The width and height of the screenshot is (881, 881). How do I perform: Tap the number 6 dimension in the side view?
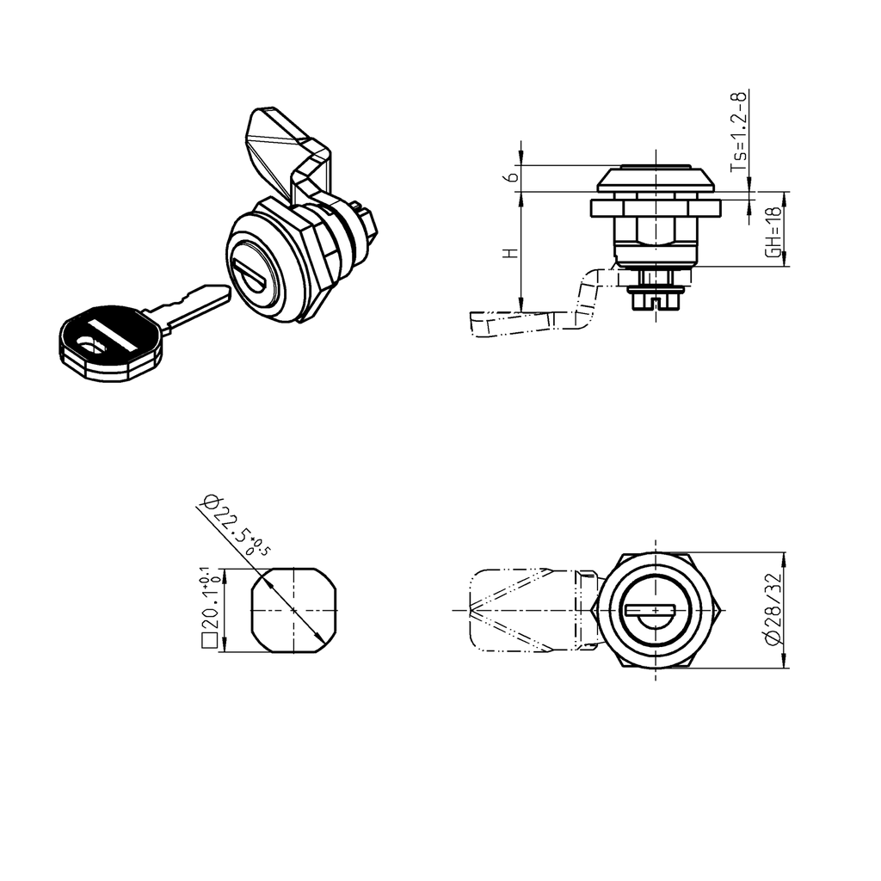[x=511, y=177]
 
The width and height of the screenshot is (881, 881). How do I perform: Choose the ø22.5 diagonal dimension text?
[x=231, y=527]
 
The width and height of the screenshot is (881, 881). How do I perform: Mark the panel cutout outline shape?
[x=293, y=609]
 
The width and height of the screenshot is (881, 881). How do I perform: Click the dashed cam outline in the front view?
[x=525, y=610]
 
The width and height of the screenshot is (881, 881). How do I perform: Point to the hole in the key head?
[x=89, y=347]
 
